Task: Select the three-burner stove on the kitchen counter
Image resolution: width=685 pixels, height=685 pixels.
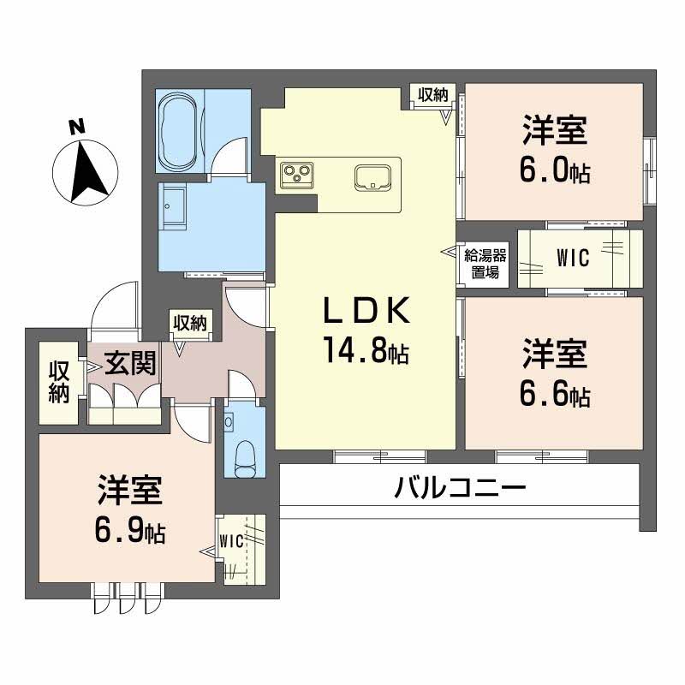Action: coord(296,174)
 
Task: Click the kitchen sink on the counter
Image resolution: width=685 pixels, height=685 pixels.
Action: coord(372,176)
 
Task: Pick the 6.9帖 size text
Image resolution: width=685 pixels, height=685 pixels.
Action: coord(130,532)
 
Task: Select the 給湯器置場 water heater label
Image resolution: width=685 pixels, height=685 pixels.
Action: coord(486,264)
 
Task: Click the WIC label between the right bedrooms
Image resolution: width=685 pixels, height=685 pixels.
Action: coord(572,258)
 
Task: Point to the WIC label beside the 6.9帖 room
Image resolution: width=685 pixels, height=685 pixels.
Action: coord(232,540)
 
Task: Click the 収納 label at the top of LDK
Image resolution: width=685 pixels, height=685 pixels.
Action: coord(431,95)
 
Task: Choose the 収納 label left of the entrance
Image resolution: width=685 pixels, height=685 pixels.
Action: coord(58,383)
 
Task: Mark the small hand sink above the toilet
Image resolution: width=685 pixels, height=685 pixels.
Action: coord(229,420)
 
